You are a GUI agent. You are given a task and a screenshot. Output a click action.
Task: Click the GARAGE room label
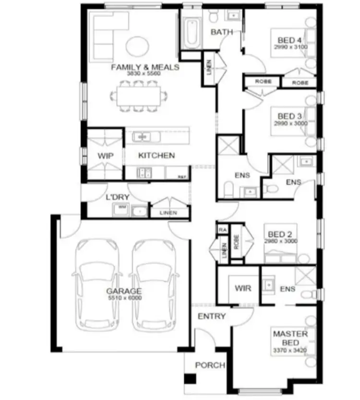tap(124, 291)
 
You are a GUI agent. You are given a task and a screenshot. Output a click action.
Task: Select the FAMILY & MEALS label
tap(145, 67)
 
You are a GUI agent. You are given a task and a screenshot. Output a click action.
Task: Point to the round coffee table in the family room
tap(137, 45)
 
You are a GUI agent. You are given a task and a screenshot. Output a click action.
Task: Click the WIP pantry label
tap(105, 156)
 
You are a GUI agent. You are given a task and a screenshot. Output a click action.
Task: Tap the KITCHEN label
tap(156, 156)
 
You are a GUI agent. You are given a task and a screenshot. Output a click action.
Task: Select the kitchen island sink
tap(142, 137)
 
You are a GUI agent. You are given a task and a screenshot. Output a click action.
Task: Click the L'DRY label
tap(115, 197)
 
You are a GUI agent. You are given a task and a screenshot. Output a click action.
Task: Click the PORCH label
tap(210, 365)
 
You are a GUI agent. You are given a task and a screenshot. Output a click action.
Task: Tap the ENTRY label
tap(212, 316)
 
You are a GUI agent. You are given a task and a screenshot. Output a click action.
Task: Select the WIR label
tap(243, 288)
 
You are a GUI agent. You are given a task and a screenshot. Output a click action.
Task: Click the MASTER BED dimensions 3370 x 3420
tap(290, 350)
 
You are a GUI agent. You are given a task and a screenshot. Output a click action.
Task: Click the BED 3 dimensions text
tap(290, 123)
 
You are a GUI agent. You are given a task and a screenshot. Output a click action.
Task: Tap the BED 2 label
tap(280, 234)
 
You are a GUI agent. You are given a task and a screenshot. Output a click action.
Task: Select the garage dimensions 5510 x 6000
tap(124, 298)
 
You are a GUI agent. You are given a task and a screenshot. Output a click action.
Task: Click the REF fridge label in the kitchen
tap(182, 177)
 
